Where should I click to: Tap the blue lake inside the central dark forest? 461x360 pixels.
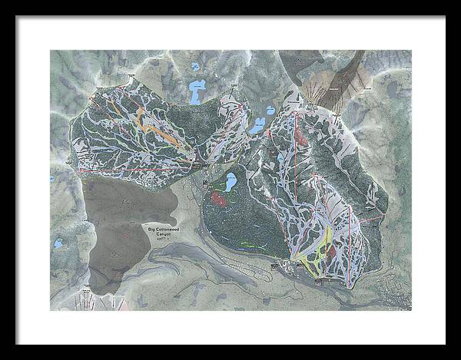pyautogui.click(x=229, y=182)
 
